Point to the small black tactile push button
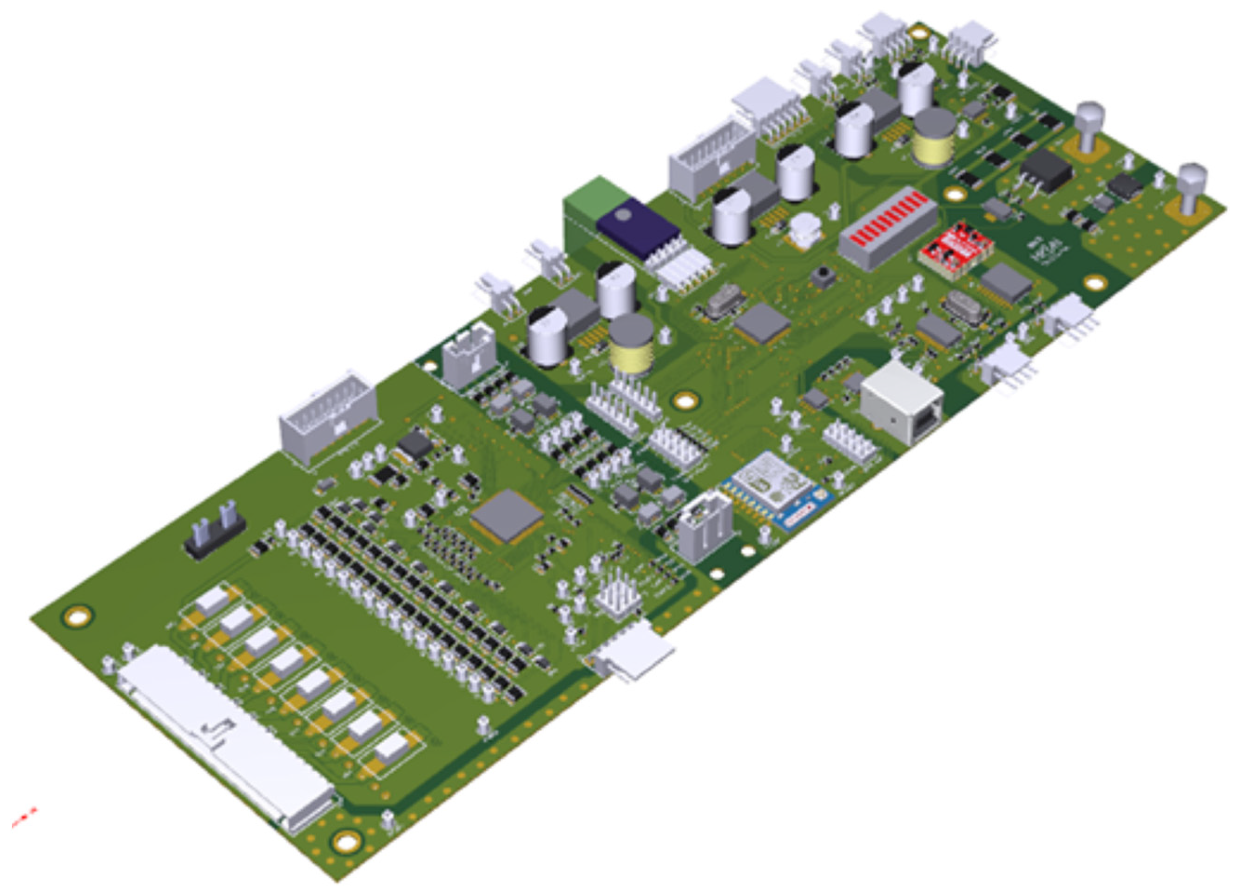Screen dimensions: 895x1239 [x=823, y=278]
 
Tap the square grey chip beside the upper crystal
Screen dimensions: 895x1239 [x=761, y=323]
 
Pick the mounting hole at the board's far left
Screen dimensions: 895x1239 [x=78, y=617]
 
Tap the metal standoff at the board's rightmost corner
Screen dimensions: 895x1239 [x=1192, y=189]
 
